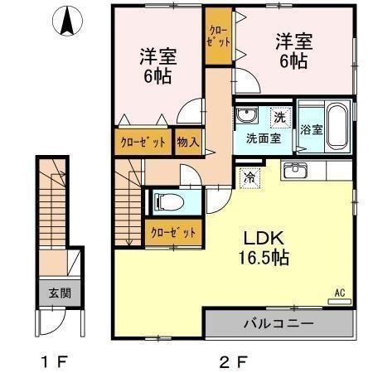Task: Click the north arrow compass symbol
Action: pyautogui.click(x=66, y=22)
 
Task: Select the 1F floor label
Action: pyautogui.click(x=54, y=361)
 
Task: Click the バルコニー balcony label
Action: pyautogui.click(x=278, y=323)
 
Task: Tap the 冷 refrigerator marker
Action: pyautogui.click(x=249, y=176)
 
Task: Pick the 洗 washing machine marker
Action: pyautogui.click(x=280, y=118)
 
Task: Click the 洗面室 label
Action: pyautogui.click(x=262, y=138)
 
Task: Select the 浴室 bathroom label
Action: pyautogui.click(x=311, y=130)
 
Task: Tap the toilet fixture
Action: pyautogui.click(x=169, y=201)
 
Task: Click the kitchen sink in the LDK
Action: pyautogui.click(x=294, y=172)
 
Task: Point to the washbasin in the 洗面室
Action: pyautogui.click(x=246, y=115)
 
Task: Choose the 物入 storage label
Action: pyautogui.click(x=187, y=142)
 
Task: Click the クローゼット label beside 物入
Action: pyautogui.click(x=143, y=142)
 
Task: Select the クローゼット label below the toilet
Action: pyautogui.click(x=172, y=233)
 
